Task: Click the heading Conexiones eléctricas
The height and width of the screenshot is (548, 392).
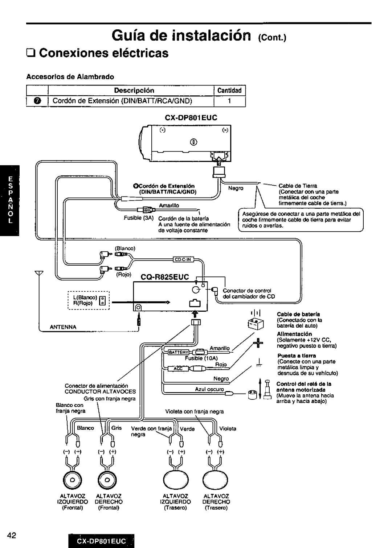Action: [x=103, y=53]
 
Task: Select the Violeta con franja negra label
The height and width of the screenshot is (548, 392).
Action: [x=194, y=411]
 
